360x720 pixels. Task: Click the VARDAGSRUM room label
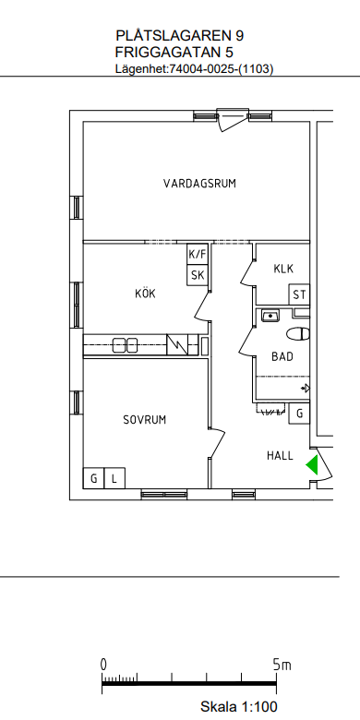(x=199, y=184)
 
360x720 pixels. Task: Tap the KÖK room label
(x=145, y=294)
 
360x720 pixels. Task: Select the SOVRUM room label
(x=145, y=420)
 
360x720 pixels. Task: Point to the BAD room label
(x=282, y=357)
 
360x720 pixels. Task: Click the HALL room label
(x=280, y=455)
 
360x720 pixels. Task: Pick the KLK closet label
(x=283, y=269)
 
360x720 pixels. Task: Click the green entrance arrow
(x=312, y=464)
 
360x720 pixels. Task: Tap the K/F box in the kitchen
(x=198, y=254)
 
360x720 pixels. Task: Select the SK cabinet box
(x=198, y=275)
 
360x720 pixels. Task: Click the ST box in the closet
(x=299, y=294)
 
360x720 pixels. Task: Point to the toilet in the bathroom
(x=298, y=334)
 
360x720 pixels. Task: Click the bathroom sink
(x=270, y=316)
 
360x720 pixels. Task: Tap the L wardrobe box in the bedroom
(x=114, y=478)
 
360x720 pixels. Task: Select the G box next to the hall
(x=299, y=414)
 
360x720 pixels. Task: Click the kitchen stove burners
(x=126, y=345)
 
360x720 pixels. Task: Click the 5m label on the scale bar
(x=282, y=665)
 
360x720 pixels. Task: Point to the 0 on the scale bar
(x=103, y=665)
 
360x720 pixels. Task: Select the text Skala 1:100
(x=239, y=706)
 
